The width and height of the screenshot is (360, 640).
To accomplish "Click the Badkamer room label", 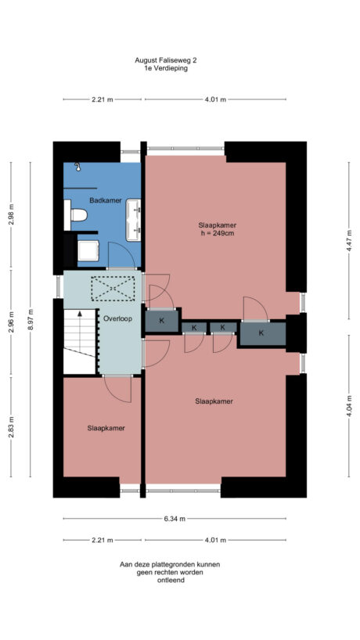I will coord(105,201).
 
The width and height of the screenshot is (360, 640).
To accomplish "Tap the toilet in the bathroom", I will coord(77,214).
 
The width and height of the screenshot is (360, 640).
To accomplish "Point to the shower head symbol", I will coord(77,167).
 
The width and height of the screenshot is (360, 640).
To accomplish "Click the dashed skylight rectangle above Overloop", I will coord(113,289).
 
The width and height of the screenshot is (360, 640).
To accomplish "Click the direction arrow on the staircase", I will coord(79,316).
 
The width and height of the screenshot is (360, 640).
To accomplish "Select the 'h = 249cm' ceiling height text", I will coord(217,233).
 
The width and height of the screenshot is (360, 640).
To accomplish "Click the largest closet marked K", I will coord(261,334).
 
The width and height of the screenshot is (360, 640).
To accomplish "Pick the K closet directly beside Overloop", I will coord(161,321).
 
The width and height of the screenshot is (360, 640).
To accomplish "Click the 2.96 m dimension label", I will coord(11,322).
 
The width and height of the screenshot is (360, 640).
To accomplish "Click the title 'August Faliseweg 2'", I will coord(166,59).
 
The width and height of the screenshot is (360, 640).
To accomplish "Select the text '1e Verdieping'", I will coord(166,68).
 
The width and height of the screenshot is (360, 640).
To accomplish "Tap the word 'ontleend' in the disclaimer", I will coord(170,580).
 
